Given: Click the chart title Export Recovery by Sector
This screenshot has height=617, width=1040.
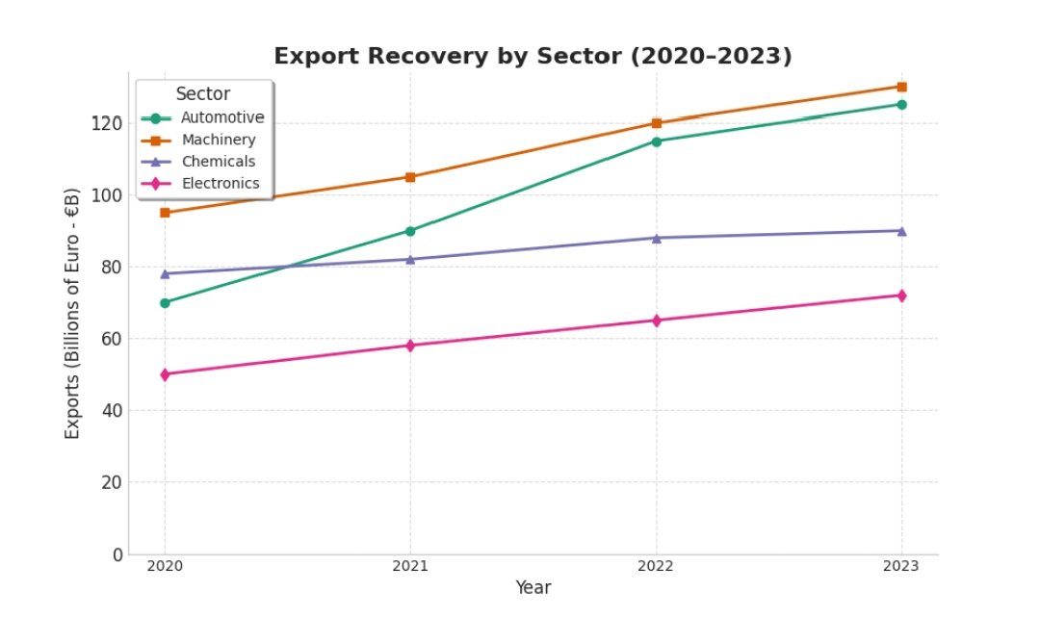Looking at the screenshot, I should click(533, 57).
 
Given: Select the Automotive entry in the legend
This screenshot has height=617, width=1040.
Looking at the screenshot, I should click(222, 118).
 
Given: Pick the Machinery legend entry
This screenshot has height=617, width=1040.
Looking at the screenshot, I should click(219, 141).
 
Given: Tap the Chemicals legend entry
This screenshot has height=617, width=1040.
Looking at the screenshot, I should click(219, 162).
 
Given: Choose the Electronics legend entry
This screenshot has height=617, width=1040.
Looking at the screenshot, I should click(221, 184).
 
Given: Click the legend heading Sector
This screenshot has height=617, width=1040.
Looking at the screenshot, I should click(203, 94).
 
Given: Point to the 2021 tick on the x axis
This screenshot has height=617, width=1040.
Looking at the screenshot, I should click(410, 566).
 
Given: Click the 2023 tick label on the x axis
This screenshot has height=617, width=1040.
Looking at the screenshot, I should click(901, 566).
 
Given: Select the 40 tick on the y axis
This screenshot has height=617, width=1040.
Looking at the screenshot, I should click(112, 411).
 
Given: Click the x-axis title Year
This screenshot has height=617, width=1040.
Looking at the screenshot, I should click(533, 587).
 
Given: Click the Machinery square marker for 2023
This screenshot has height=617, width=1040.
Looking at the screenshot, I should click(901, 87).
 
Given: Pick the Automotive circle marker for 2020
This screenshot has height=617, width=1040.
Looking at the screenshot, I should click(165, 302).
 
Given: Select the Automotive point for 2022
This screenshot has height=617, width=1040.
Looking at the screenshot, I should click(656, 141).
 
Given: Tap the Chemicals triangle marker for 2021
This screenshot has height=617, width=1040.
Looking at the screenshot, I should click(410, 259).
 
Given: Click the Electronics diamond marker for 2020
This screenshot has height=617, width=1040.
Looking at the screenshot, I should click(165, 374).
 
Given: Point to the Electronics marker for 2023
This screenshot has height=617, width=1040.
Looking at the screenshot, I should click(901, 296).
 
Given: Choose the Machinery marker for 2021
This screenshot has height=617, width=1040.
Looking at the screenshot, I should click(410, 177).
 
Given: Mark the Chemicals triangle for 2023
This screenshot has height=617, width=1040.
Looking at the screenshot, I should click(901, 231).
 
